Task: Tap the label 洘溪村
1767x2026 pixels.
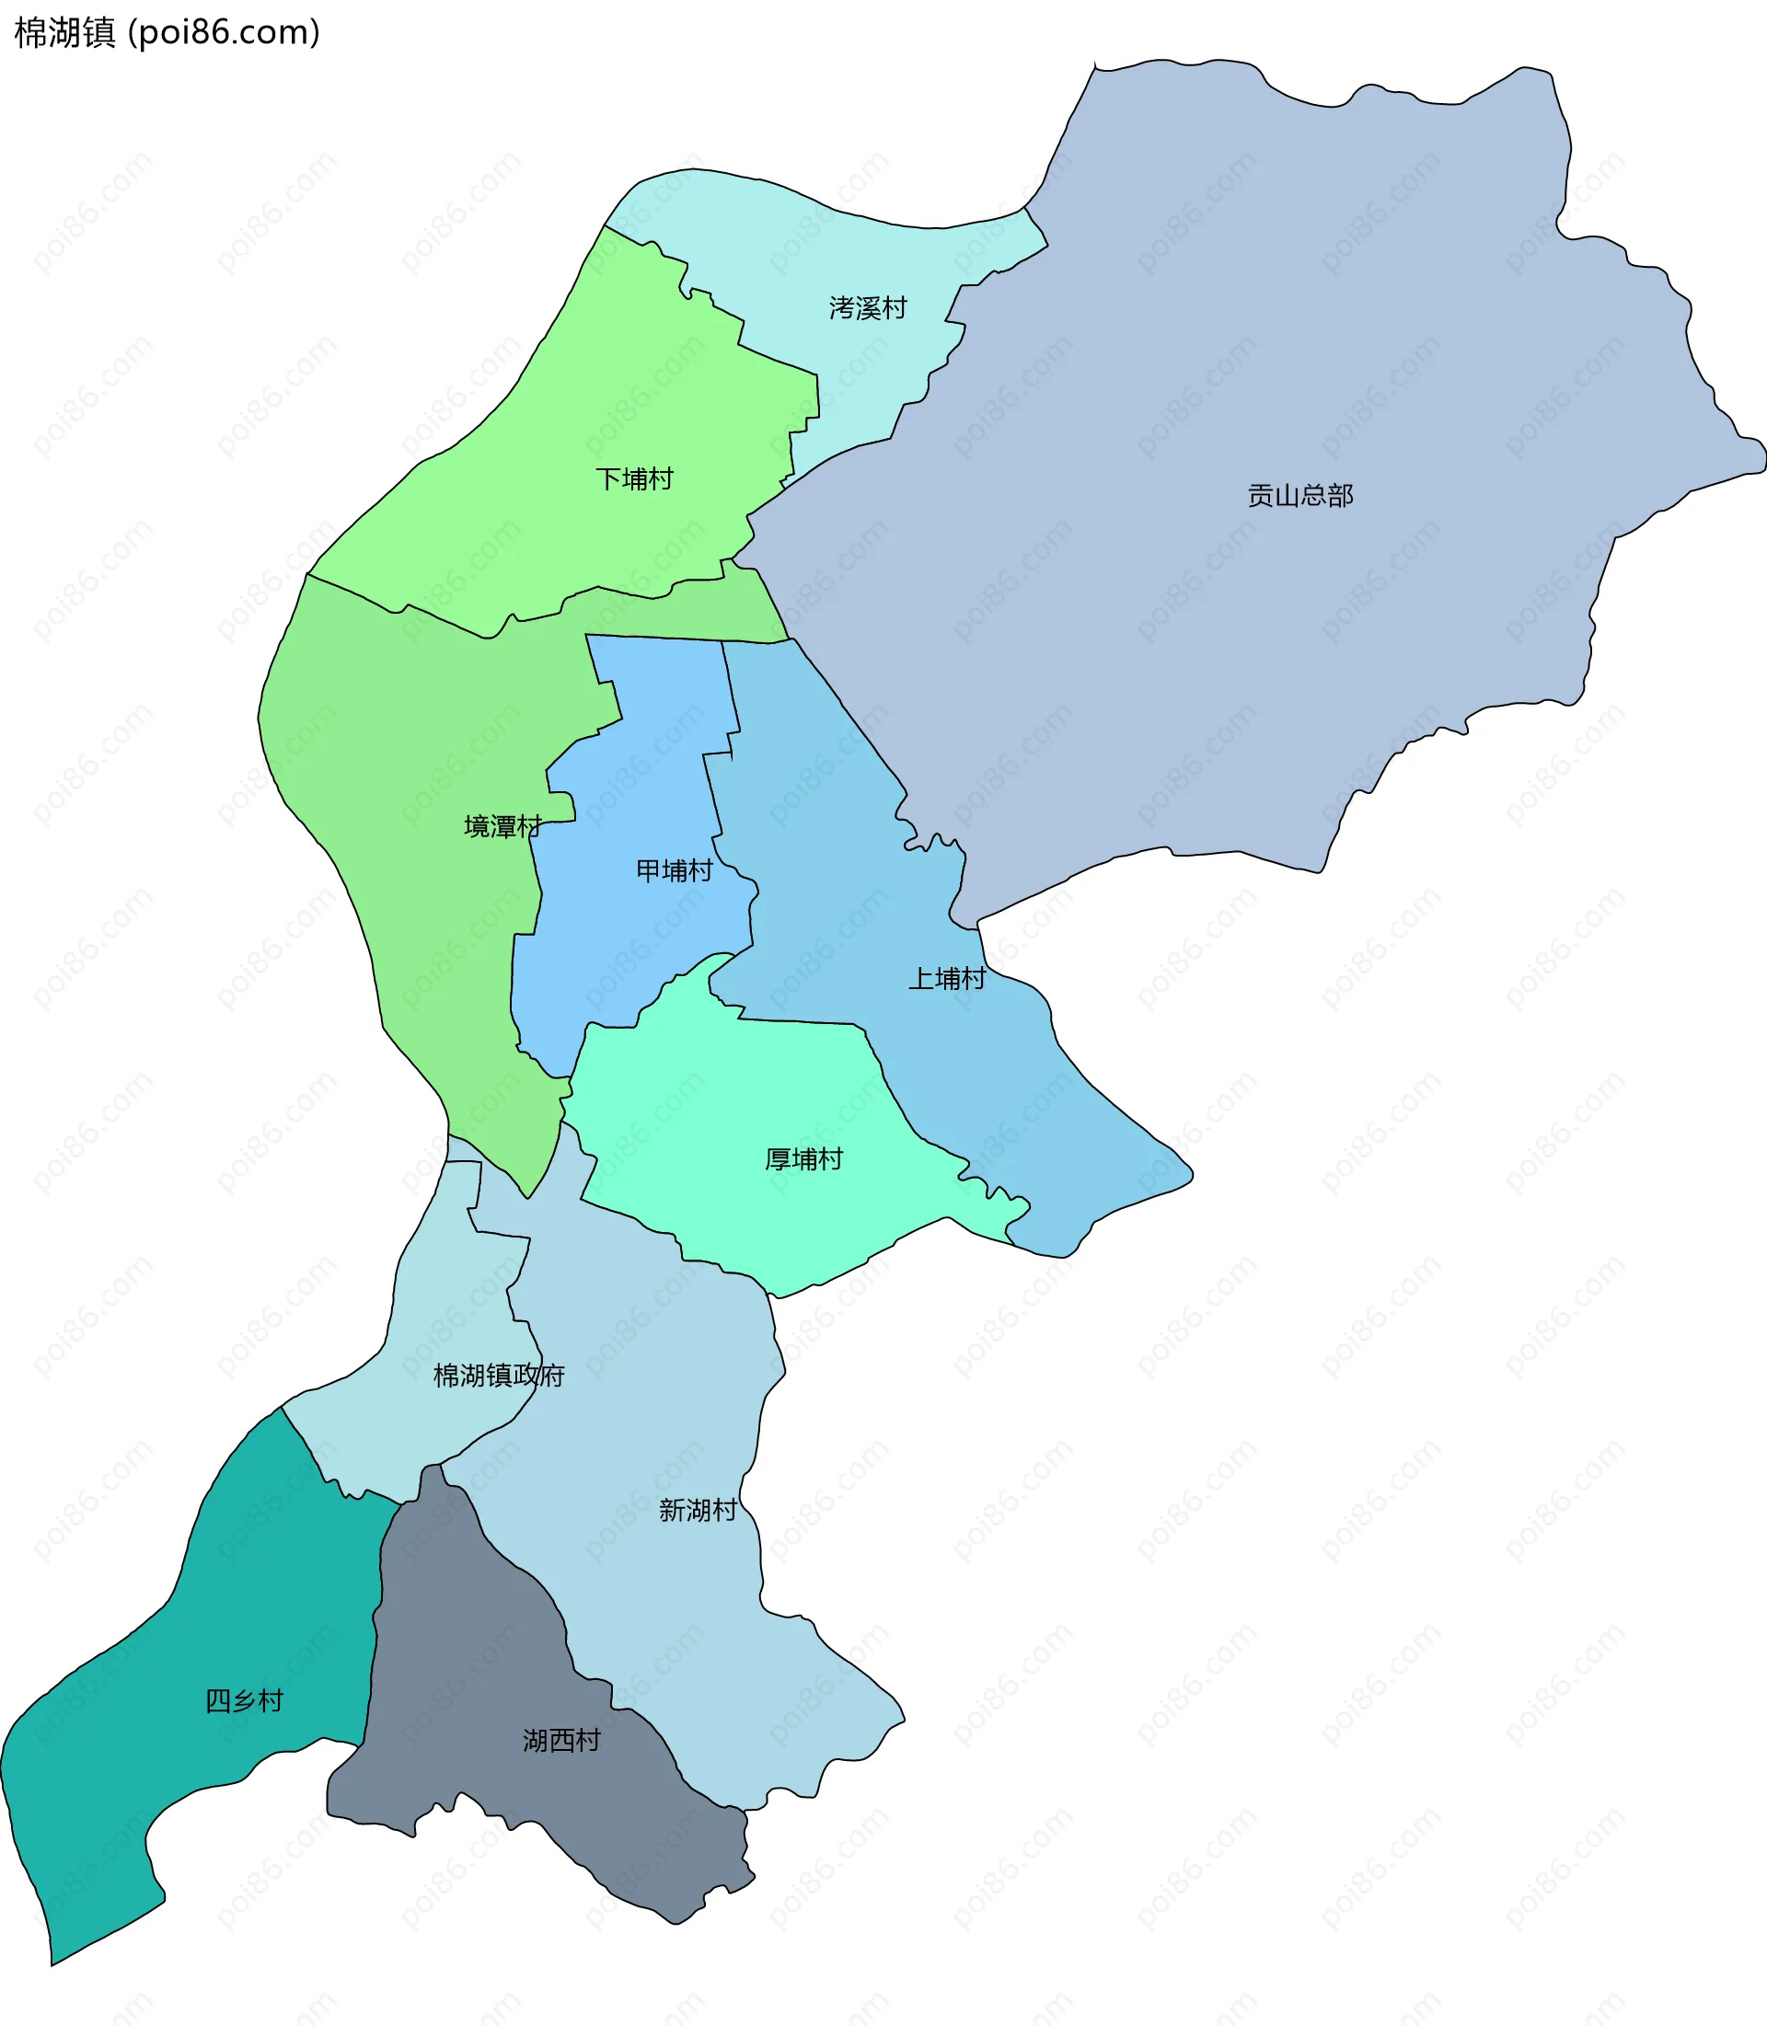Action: tap(868, 308)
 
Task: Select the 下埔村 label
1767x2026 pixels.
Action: tap(634, 479)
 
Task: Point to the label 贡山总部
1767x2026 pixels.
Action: tap(1299, 496)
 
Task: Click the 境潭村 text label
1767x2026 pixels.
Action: tap(502, 826)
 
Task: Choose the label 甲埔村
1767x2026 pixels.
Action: tap(675, 870)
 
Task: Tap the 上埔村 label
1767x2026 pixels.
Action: tap(947, 978)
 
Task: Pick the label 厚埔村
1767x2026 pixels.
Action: tap(803, 1159)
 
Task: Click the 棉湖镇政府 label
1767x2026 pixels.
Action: tap(499, 1376)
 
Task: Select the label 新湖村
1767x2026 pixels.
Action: tap(699, 1511)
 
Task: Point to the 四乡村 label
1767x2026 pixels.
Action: tap(244, 1700)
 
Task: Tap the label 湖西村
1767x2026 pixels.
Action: tap(561, 1740)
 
